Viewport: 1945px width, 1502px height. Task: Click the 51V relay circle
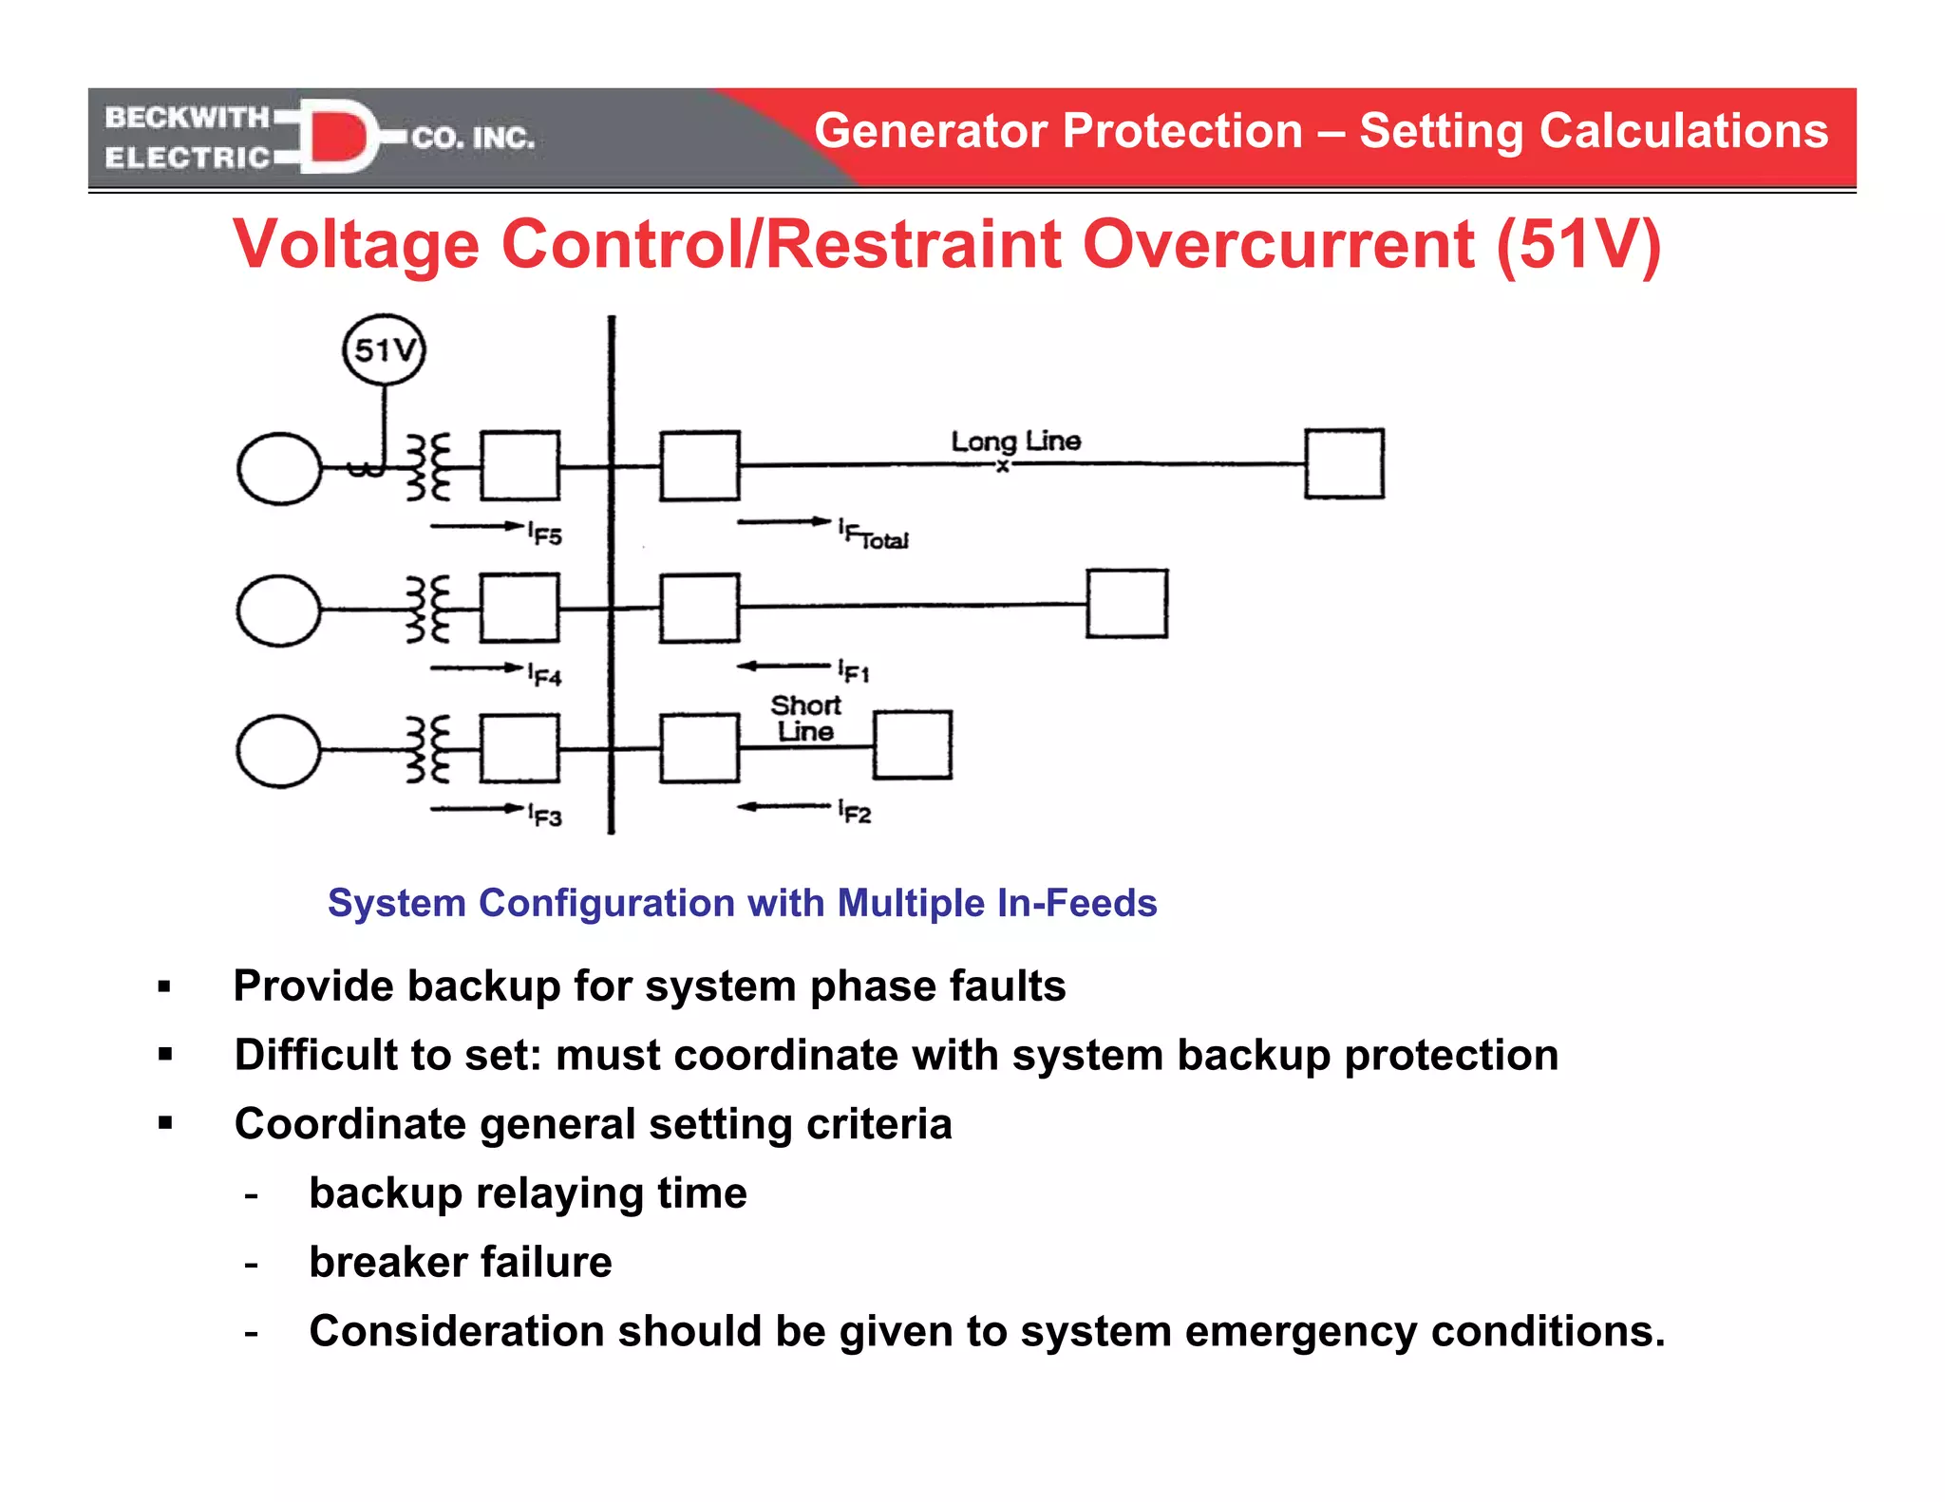[384, 350]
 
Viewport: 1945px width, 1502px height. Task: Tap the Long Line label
[1015, 441]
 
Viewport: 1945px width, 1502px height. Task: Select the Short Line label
[805, 719]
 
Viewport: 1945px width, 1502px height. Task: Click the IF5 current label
[545, 534]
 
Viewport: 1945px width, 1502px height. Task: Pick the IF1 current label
[854, 671]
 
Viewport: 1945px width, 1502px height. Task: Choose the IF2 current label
[855, 812]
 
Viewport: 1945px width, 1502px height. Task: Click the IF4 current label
[545, 674]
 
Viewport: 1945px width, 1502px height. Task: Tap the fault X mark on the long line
[1002, 466]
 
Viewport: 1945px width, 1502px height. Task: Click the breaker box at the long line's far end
[1344, 463]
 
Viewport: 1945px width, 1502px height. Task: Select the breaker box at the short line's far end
[913, 745]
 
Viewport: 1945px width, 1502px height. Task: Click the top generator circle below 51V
[279, 468]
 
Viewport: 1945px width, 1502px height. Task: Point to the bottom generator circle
[278, 751]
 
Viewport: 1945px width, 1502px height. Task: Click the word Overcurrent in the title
[1279, 245]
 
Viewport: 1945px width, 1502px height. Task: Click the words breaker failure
[461, 1262]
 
